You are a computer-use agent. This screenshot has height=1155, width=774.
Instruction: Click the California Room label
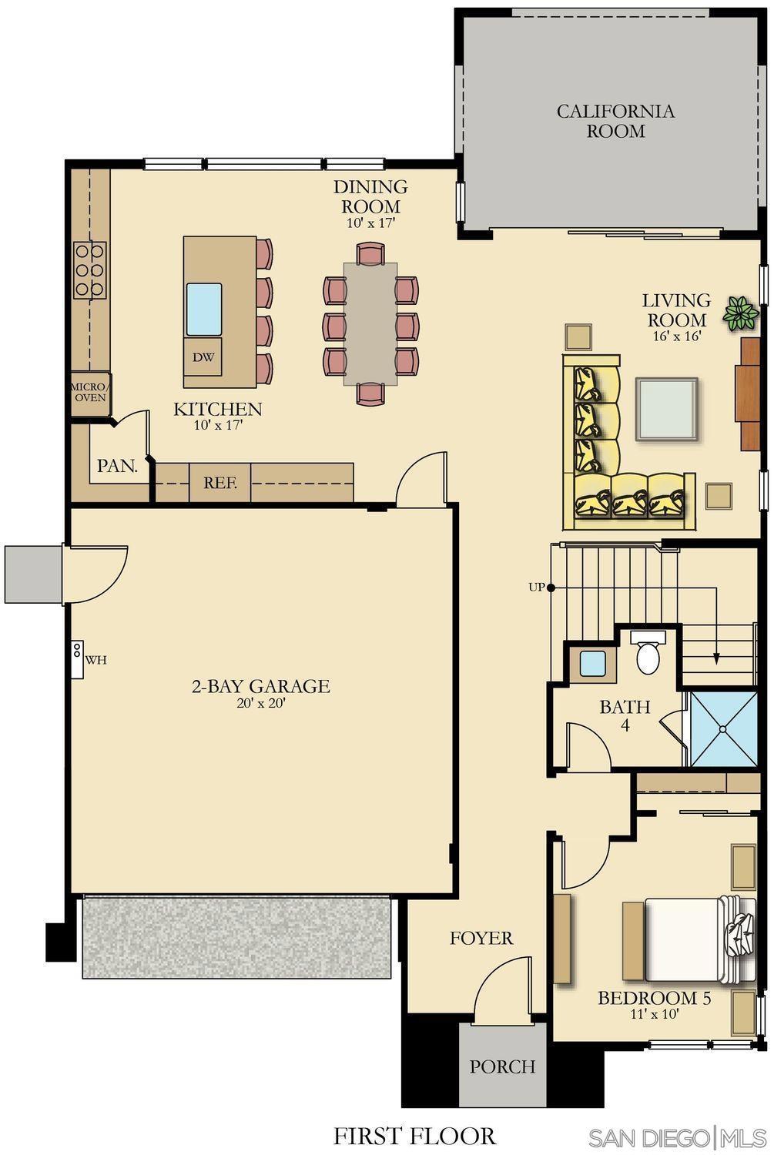pos(615,121)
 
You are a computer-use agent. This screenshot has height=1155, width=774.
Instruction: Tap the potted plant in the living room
pos(741,313)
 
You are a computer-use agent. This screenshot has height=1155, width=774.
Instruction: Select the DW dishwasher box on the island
pos(203,357)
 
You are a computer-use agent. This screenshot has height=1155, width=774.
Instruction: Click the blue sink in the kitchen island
pos(204,309)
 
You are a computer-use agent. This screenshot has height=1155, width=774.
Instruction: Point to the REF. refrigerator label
pos(220,483)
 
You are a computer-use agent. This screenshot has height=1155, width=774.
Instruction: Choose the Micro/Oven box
pos(90,393)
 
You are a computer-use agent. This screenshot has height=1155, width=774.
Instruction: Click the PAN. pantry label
pos(118,466)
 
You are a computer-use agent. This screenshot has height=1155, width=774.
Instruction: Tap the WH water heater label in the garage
pos(96,659)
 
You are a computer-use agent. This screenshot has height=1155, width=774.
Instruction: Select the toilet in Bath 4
pos(648,652)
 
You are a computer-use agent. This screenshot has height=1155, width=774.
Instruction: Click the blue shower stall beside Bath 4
pos(723,729)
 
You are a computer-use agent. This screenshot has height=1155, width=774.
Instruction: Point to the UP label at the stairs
pos(537,587)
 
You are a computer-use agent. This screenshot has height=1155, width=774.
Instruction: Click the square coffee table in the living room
pos(666,409)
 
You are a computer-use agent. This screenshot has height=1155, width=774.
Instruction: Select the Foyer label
pos(481,938)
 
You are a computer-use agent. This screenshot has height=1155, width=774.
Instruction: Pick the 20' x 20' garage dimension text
pos(261,703)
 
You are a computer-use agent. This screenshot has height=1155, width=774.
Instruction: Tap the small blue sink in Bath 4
pos(592,664)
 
